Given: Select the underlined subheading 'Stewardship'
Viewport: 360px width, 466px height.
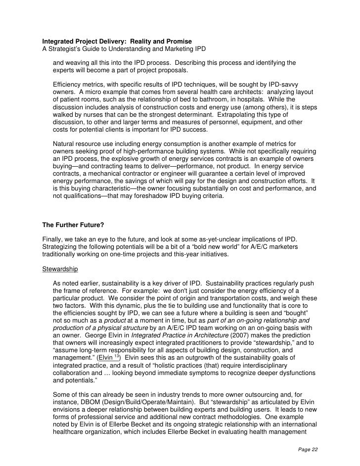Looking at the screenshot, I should click(60, 269).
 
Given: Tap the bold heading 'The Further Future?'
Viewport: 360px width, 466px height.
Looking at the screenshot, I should click(73, 224).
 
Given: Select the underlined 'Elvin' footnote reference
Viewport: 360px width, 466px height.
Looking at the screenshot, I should click(105, 357).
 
